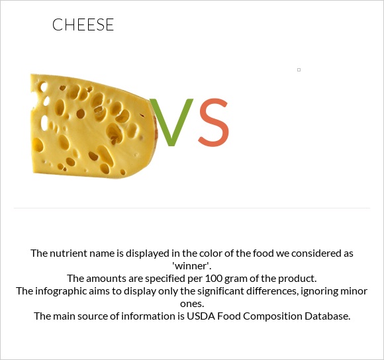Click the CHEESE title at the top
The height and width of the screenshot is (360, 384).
(83, 26)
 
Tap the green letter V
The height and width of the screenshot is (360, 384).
(171, 123)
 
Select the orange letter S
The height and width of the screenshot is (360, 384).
(214, 123)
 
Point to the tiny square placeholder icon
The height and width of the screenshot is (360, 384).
(299, 69)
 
